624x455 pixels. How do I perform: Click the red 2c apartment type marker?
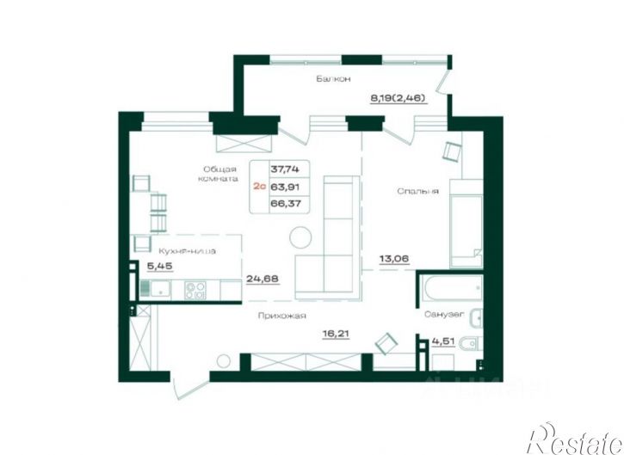259,186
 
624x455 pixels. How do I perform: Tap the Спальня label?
418,191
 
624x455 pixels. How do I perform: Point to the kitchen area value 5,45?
158,267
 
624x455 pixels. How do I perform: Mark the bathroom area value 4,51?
443,341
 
